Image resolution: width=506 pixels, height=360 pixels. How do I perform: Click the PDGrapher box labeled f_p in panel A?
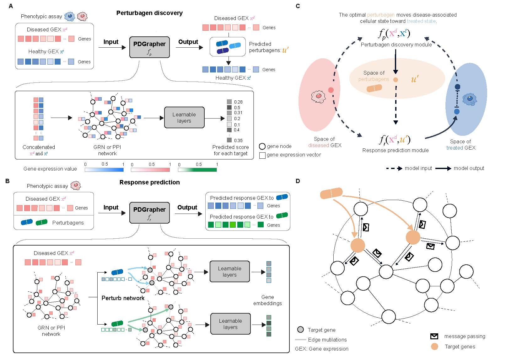[x=149, y=47]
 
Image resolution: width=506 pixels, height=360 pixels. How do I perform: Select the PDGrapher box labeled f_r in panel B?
[x=149, y=212]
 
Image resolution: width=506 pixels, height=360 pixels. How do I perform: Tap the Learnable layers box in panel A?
[x=184, y=118]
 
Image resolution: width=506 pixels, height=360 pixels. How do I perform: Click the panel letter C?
[x=298, y=6]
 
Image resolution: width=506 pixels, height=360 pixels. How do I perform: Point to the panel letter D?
[x=298, y=181]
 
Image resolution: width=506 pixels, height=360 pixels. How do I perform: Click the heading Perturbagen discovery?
[x=149, y=13]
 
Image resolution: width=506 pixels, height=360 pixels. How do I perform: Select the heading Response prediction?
[x=149, y=182]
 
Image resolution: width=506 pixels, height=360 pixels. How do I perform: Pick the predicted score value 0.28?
[x=238, y=102]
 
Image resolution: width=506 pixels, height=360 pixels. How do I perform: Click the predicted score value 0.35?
[x=238, y=140]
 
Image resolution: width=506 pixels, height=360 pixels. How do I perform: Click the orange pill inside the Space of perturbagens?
[x=374, y=88]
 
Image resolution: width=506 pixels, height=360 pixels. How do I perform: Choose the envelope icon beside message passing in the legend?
[x=434, y=336]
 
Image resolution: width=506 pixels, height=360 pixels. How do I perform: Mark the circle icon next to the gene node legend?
[x=262, y=146]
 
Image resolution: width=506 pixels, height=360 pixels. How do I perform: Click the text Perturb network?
[x=123, y=298]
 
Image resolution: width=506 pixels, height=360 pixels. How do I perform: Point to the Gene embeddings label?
[x=267, y=300]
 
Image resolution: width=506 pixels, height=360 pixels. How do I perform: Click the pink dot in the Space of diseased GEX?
[x=331, y=90]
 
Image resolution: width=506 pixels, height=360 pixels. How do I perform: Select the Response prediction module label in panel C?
[x=395, y=150]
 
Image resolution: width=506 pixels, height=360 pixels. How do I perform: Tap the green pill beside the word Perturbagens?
[x=42, y=222]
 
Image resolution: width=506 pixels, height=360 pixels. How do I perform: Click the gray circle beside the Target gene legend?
[x=300, y=330]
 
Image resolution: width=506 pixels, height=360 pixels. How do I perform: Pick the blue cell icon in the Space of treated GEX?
[x=469, y=99]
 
